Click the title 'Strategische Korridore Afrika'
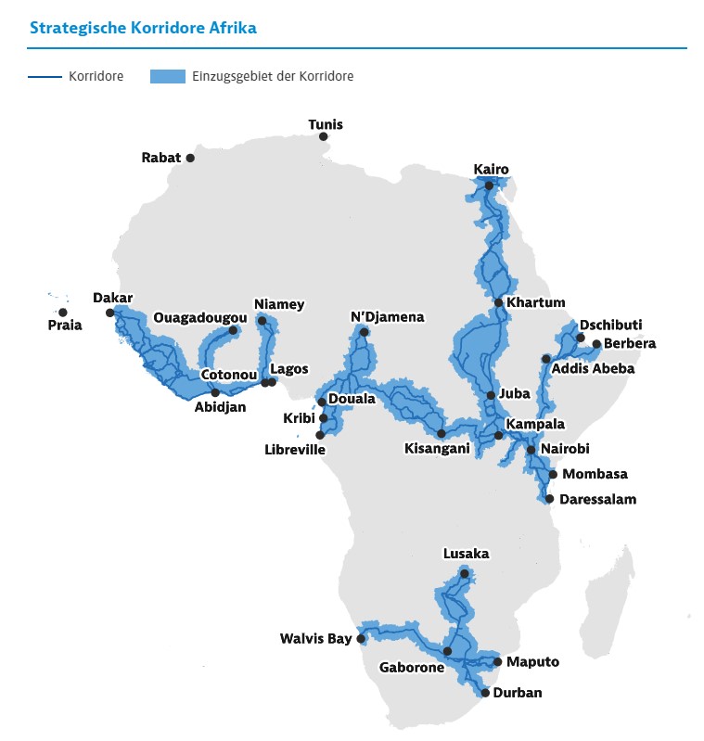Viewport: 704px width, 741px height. click(143, 27)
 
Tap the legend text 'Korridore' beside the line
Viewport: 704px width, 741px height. click(96, 76)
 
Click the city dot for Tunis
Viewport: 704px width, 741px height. click(324, 136)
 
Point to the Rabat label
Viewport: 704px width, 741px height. click(161, 158)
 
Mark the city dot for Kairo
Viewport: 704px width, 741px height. click(489, 185)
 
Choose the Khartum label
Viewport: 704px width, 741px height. click(536, 302)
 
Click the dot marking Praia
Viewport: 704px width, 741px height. click(62, 313)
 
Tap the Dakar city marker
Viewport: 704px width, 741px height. click(109, 313)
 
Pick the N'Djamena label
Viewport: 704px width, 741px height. click(387, 317)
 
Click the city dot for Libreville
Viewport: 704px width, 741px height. click(320, 434)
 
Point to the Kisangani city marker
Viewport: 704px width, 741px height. click(442, 433)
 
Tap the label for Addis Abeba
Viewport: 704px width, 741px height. click(593, 368)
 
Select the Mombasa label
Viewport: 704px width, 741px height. click(595, 474)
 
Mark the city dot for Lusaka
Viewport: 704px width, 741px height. click(465, 574)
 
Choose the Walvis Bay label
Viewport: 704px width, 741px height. click(316, 639)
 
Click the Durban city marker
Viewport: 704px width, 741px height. click(485, 693)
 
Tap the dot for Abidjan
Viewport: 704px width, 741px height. click(215, 393)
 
